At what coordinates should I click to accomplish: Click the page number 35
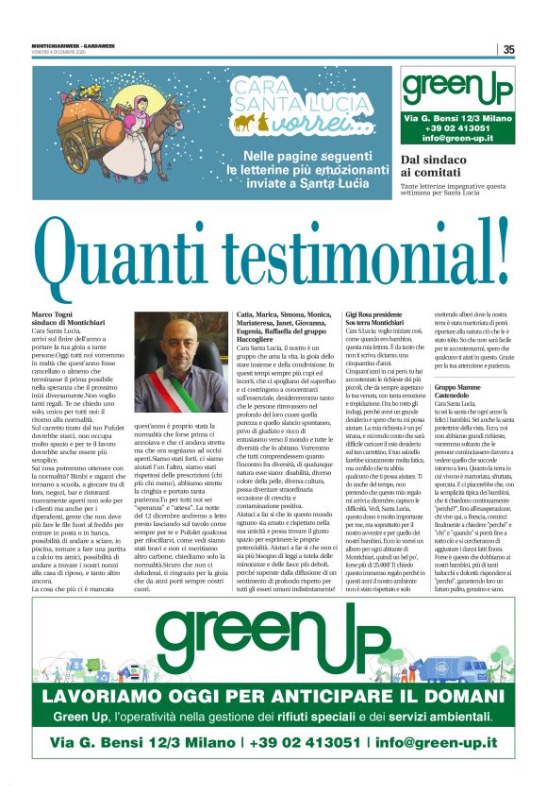(x=508, y=49)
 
